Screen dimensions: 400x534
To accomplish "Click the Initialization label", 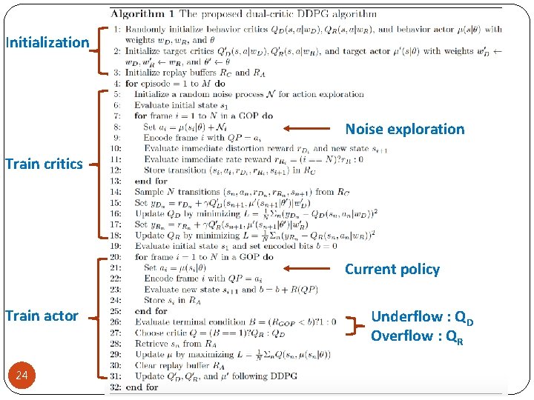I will [47, 42].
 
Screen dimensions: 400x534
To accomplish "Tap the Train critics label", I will [44, 164].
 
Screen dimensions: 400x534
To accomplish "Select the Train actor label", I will [42, 316].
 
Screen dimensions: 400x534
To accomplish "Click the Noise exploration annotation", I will [405, 129].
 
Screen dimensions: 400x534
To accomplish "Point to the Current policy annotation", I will [392, 269].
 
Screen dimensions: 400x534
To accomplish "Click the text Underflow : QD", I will [422, 317].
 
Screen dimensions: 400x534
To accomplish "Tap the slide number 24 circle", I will [22, 376].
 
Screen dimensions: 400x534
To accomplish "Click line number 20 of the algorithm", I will [117, 257].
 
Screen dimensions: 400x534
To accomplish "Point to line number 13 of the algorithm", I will [117, 181].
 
